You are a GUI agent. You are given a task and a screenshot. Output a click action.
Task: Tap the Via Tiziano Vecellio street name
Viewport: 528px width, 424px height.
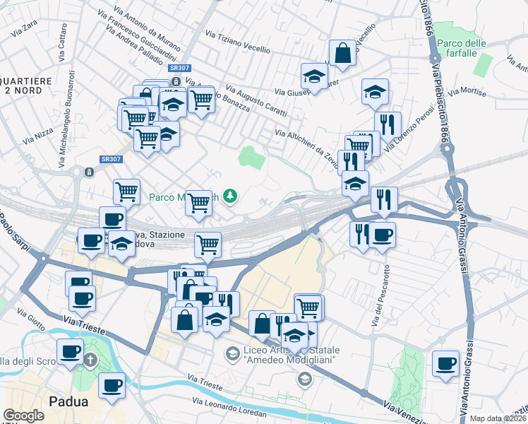pyautogui.click(x=238, y=41)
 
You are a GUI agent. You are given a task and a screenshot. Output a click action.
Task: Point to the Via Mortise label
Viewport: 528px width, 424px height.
pyautogui.click(x=472, y=91)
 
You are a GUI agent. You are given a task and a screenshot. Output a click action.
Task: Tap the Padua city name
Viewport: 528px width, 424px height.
pyautogui.click(x=68, y=401)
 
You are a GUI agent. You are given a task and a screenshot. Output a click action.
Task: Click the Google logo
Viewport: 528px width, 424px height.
pyautogui.click(x=23, y=416)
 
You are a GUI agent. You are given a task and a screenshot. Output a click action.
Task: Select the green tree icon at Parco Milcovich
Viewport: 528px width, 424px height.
pyautogui.click(x=230, y=196)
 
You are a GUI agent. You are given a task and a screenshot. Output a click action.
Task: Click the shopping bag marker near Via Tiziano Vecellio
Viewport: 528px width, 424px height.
pyautogui.click(x=342, y=53)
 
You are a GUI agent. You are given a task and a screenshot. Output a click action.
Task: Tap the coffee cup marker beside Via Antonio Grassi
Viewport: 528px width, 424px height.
pyautogui.click(x=445, y=363)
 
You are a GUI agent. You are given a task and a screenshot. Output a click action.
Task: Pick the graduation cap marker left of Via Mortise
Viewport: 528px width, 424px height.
pyautogui.click(x=376, y=91)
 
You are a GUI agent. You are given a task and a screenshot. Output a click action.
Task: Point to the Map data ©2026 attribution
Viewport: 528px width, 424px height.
pyautogui.click(x=498, y=418)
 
